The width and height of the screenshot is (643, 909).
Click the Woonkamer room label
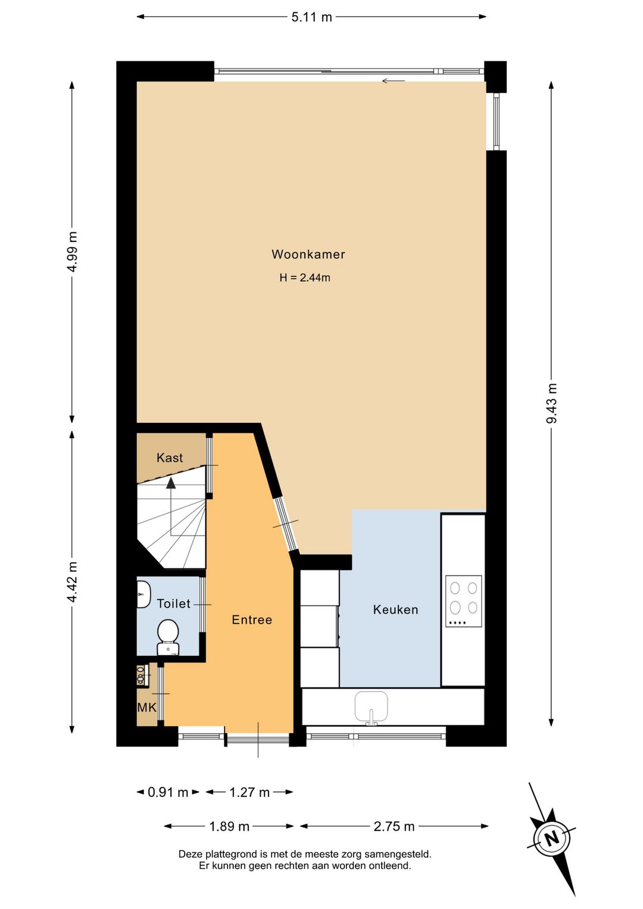308,254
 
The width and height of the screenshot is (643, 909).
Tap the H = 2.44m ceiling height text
305,278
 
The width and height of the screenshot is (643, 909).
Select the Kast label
170,457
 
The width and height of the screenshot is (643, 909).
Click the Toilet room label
174,603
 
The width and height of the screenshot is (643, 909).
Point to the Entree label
252,620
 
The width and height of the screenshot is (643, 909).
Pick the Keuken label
395,609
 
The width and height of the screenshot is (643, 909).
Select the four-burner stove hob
464,601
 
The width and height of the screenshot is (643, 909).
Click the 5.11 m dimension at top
311,17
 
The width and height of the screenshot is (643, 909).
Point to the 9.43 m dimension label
551,403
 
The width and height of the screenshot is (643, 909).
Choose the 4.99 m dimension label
72,251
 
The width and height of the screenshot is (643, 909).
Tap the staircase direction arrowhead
171,482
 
